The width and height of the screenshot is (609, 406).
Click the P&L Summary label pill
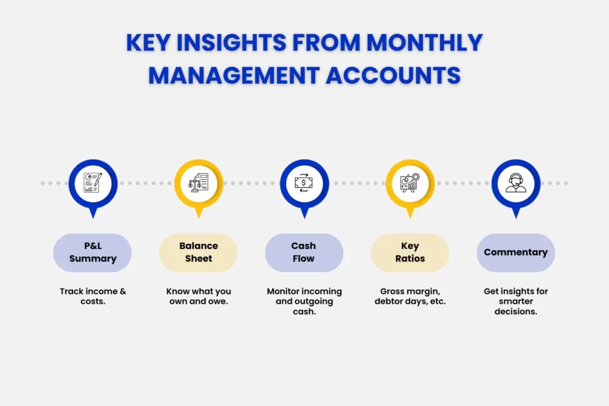point(92,252)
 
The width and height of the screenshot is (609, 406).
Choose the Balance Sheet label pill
point(198,252)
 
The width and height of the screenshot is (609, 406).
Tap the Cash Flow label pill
point(303,252)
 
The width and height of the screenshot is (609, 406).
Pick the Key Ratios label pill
point(410,252)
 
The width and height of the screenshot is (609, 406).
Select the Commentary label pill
point(516,252)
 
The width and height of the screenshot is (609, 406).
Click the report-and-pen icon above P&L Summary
point(92,182)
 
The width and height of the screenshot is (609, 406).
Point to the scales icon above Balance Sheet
point(198,182)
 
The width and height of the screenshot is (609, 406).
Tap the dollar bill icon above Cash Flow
point(304,182)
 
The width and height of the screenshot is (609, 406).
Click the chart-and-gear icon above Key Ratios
point(410,182)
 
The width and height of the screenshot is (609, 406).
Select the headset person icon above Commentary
point(516,182)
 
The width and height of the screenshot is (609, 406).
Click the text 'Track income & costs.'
point(92,296)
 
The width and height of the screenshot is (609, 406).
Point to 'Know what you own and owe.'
point(198,296)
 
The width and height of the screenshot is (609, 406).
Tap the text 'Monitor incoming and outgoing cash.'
point(304,301)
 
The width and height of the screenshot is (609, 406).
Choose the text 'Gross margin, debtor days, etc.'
point(410,296)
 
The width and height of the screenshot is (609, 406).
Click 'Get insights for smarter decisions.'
point(516,301)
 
